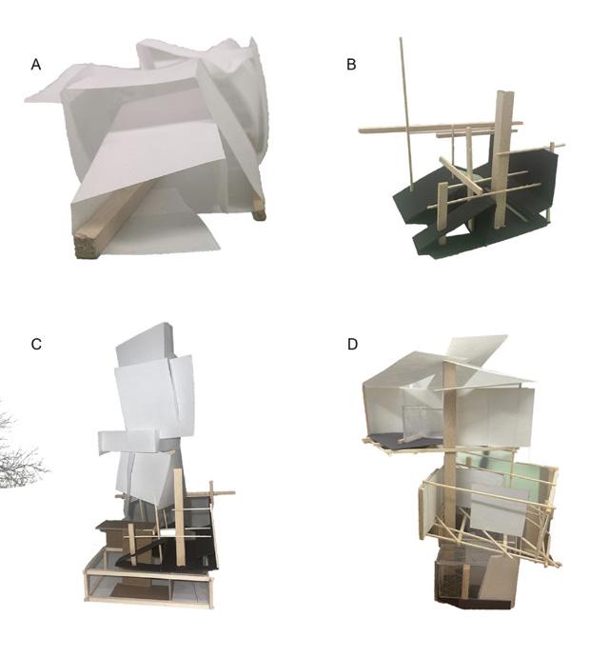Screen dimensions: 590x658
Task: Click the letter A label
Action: tap(36, 65)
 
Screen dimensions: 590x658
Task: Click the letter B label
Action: tap(351, 65)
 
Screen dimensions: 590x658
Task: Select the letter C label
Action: tap(36, 343)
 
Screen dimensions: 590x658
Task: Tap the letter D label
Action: tap(352, 343)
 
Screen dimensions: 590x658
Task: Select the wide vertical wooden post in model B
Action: tap(503, 162)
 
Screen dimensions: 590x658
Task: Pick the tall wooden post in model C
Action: tap(179, 514)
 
